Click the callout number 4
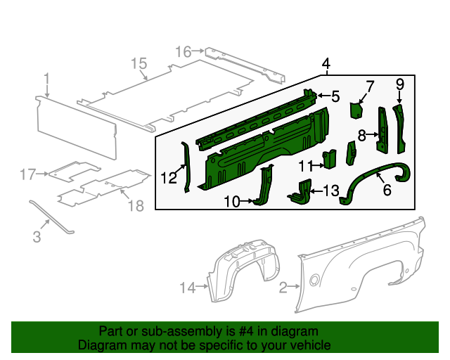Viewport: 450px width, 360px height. click(326, 65)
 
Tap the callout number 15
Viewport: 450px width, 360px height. click(139, 63)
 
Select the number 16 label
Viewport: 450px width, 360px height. click(183, 51)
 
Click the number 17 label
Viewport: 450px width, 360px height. click(27, 174)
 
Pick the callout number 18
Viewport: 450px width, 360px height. click(136, 205)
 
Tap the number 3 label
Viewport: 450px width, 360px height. click(37, 238)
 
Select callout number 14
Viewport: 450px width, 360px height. click(187, 287)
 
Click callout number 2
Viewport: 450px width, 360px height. click(283, 287)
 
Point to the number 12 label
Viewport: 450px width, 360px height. click(168, 178)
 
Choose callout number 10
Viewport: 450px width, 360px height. click(232, 202)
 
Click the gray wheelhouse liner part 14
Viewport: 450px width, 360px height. click(243, 271)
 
